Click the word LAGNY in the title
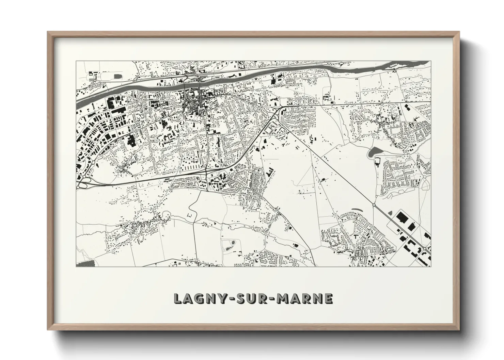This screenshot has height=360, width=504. pos(198,298)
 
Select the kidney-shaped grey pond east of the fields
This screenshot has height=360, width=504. pos(374,152)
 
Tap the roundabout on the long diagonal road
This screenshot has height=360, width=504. pos(374,205)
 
